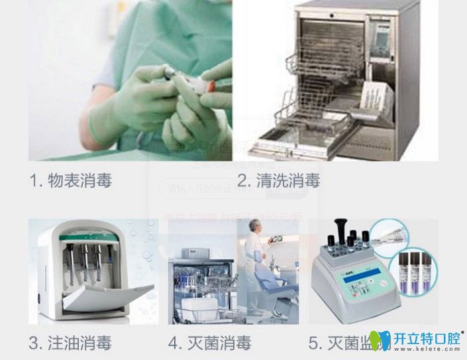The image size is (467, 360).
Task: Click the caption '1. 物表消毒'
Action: point(71,180)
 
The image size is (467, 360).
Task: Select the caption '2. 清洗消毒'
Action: point(279,180)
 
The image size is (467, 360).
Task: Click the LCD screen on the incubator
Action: point(351,285)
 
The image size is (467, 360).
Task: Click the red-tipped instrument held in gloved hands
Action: point(210,85)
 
